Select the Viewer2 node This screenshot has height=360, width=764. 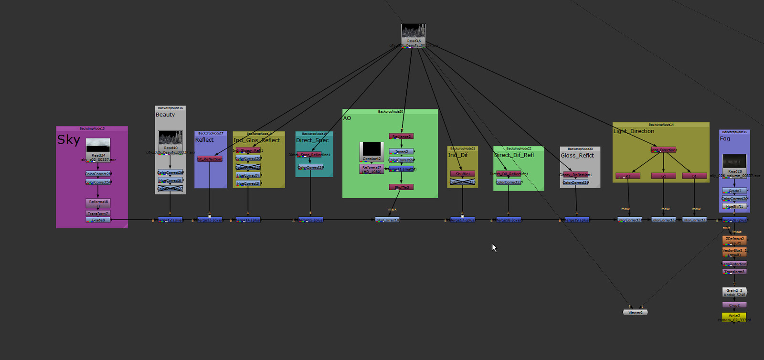(635, 312)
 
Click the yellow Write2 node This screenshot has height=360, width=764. (734, 316)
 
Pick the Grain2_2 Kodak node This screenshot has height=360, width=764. (734, 292)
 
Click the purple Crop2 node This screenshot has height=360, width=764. (734, 305)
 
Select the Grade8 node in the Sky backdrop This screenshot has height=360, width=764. (98, 220)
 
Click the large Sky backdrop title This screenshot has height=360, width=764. (69, 139)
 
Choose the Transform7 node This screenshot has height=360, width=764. (98, 213)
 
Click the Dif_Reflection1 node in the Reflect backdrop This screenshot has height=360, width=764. (210, 159)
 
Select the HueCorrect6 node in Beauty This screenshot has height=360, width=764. (170, 180)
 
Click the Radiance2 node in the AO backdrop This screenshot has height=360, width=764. (401, 137)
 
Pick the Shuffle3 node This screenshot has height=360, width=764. (401, 187)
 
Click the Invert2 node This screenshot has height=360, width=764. (401, 151)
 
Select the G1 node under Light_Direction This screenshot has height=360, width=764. (663, 176)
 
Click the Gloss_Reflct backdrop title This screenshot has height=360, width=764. (577, 155)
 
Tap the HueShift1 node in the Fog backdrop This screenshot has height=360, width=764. (734, 206)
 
